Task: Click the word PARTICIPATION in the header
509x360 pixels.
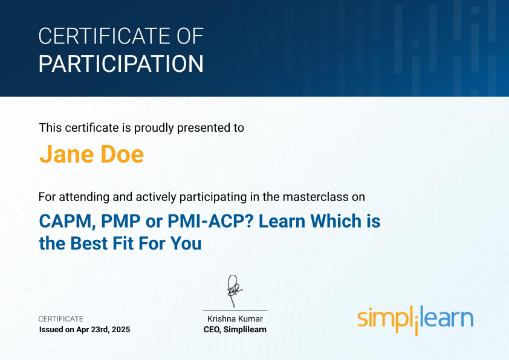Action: coord(121,63)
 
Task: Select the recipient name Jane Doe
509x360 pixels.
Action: coord(91,154)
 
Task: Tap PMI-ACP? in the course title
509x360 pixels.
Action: coord(210,221)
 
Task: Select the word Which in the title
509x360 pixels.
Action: coord(336,221)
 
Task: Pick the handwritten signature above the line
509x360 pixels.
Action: coord(235,291)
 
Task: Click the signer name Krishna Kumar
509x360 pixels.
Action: coord(235,319)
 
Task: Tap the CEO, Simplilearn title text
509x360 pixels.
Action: coord(235,330)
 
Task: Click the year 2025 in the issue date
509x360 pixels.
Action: coord(121,330)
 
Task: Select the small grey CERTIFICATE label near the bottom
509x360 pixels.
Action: coord(60,319)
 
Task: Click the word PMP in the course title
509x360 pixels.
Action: coord(121,221)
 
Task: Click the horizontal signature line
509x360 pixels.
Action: coord(235,310)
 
